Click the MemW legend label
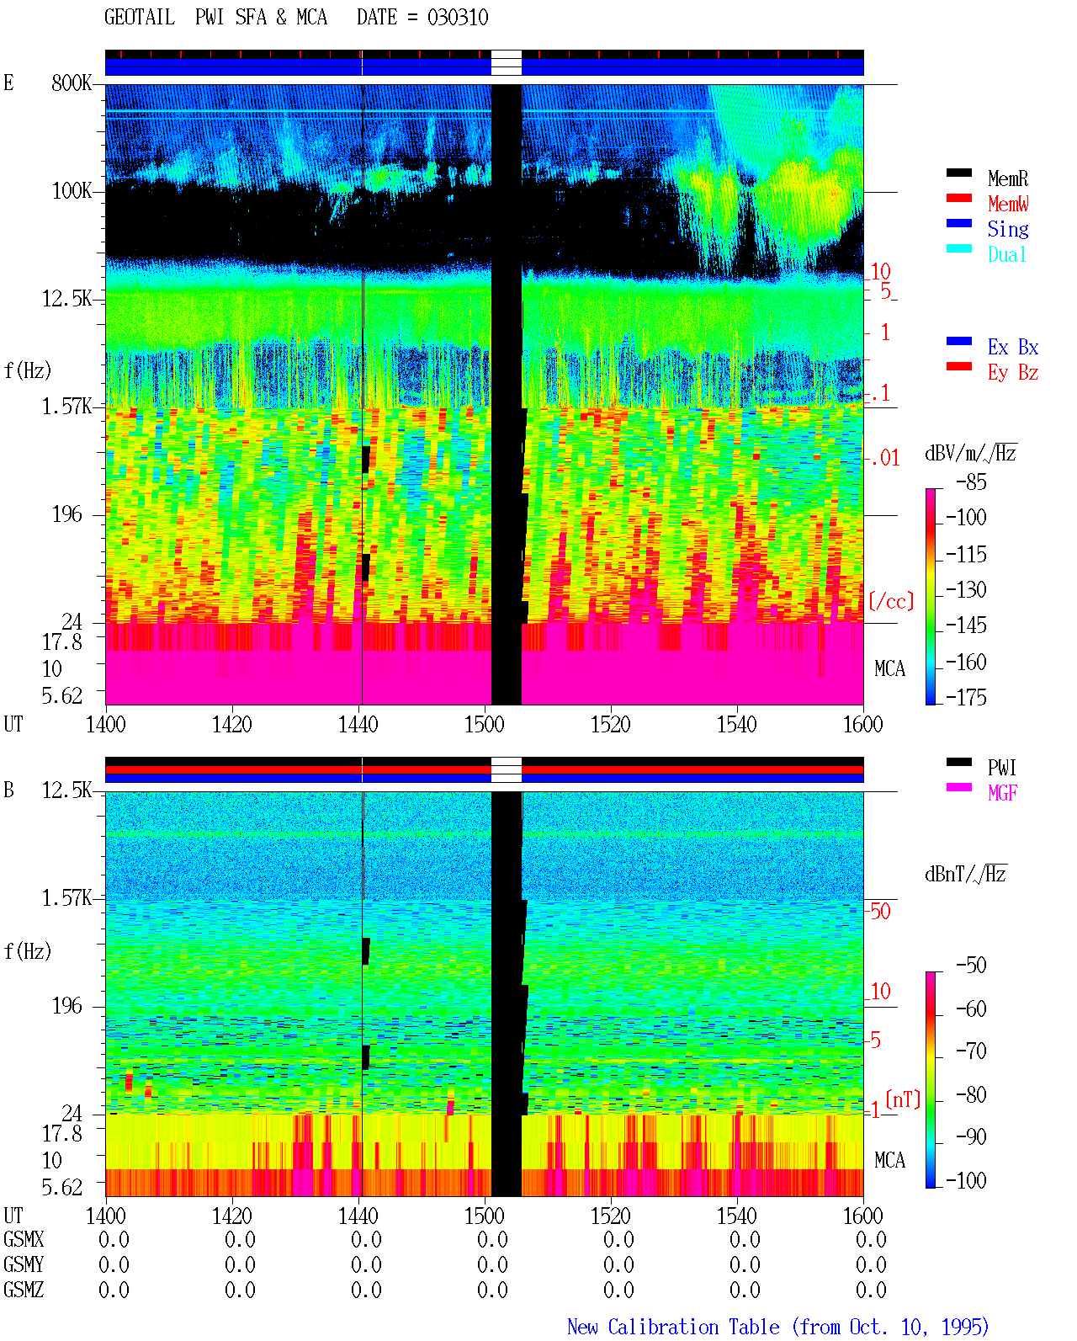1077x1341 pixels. (1008, 204)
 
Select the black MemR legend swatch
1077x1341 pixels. (958, 173)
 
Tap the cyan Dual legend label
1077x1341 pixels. (1006, 254)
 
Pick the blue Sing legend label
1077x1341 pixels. (1007, 229)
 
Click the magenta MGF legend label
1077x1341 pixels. (1002, 793)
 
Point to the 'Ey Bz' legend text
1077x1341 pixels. (1013, 372)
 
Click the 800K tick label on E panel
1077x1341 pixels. (71, 82)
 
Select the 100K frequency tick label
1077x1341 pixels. (71, 191)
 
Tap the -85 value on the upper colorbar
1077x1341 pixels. (971, 482)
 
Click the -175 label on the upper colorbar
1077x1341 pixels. (966, 697)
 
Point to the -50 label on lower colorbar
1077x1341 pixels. (971, 966)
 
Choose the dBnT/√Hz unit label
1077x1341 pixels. (965, 874)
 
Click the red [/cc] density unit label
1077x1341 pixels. (891, 601)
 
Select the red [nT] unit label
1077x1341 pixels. (903, 1099)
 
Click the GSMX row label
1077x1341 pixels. (24, 1239)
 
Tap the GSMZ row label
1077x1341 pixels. (24, 1290)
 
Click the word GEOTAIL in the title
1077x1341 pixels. (140, 17)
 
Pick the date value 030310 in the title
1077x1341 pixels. (458, 17)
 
